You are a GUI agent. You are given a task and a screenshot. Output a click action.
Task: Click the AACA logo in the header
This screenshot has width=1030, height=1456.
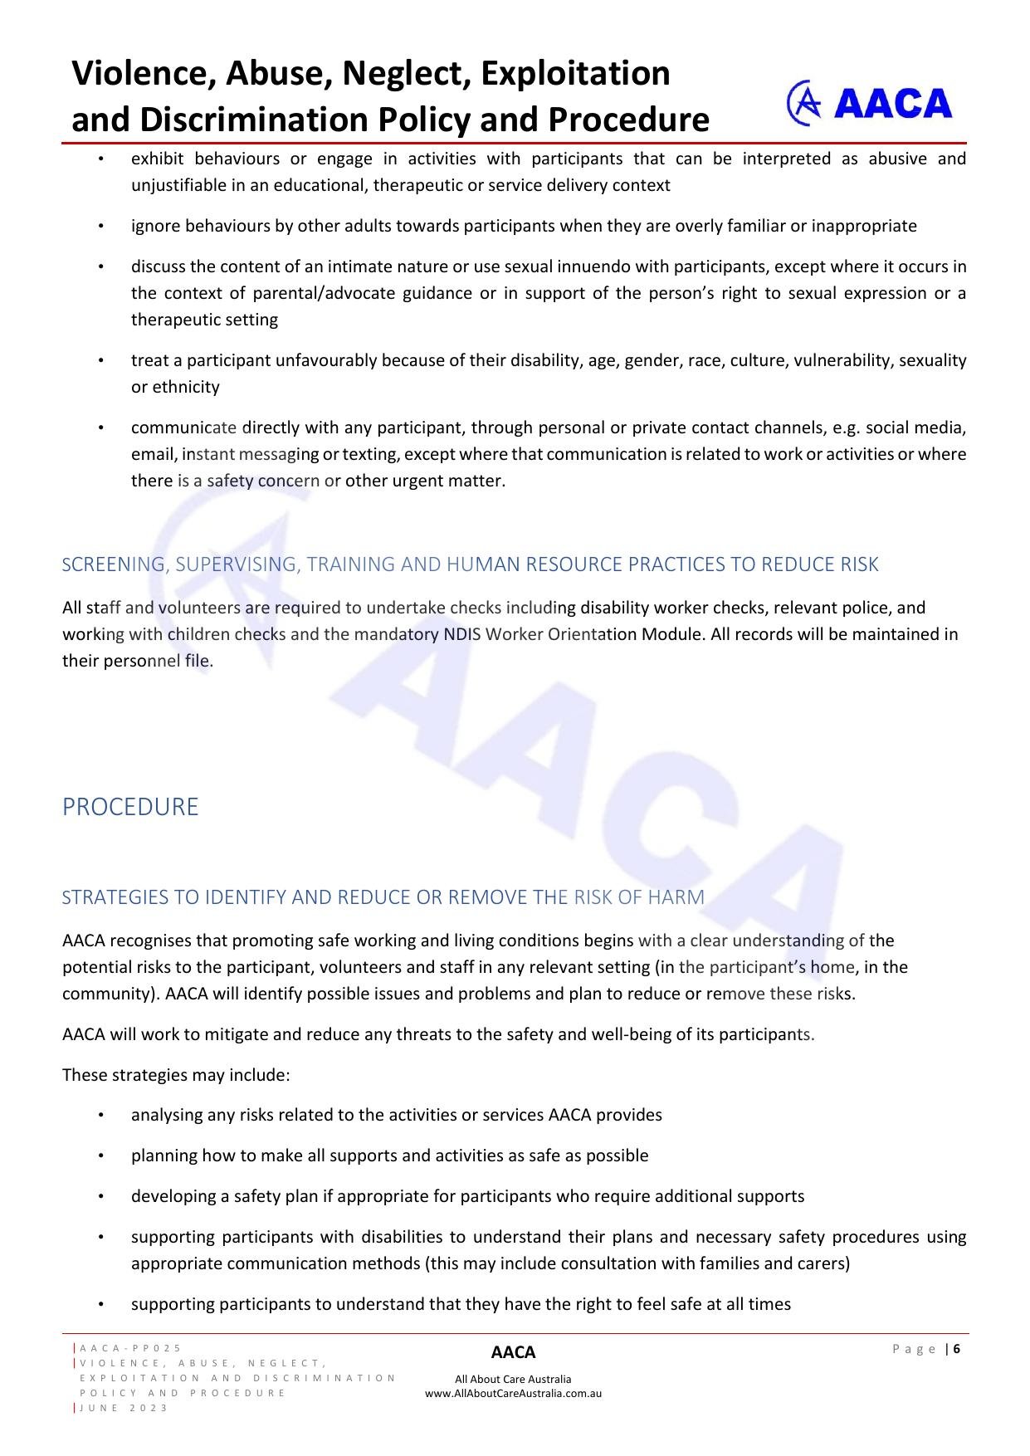(x=868, y=104)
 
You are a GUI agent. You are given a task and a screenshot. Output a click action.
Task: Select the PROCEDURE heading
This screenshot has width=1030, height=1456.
(x=130, y=807)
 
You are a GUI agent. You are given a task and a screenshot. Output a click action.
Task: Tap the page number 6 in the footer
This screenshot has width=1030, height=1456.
(x=957, y=1349)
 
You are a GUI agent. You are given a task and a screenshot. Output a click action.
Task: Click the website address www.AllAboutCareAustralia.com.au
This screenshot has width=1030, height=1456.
(x=513, y=1394)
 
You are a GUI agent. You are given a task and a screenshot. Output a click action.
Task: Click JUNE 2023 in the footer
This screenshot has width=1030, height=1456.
(x=124, y=1408)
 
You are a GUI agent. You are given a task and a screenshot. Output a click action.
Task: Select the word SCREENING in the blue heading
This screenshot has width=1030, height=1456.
(x=114, y=564)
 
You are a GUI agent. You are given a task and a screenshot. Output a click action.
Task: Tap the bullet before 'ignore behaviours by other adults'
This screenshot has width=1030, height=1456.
(x=100, y=226)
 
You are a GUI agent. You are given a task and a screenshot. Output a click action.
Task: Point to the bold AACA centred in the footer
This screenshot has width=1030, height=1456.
(x=513, y=1353)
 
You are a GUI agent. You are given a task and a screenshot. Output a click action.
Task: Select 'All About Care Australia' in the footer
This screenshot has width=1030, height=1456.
(x=513, y=1380)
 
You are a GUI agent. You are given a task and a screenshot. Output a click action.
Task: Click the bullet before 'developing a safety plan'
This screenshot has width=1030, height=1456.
(x=100, y=1196)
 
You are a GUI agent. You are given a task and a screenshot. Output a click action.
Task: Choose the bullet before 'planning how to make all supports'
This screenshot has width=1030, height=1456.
(x=100, y=1156)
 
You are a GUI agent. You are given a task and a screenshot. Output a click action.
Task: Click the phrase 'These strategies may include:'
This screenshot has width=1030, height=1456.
(x=176, y=1075)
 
